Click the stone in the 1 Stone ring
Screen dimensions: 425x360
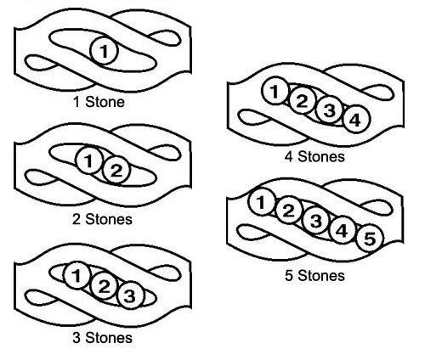click(104, 51)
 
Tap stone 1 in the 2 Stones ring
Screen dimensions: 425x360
click(89, 160)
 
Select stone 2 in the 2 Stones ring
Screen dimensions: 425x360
click(116, 170)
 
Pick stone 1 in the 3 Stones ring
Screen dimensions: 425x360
click(76, 275)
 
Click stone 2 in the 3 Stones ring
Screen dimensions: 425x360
click(104, 285)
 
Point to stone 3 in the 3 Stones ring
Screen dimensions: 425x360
click(130, 295)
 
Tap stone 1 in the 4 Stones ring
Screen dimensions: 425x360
click(275, 91)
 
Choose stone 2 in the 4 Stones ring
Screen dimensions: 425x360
click(302, 100)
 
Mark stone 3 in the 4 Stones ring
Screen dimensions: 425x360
click(329, 110)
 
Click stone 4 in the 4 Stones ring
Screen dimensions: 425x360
click(356, 120)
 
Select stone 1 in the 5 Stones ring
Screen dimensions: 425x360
click(261, 201)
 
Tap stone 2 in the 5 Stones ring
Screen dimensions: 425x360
click(288, 211)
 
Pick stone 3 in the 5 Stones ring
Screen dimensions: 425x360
click(315, 220)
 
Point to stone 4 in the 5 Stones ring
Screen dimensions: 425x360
click(343, 230)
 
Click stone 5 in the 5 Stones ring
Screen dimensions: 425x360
click(370, 239)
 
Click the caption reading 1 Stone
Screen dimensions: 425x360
click(99, 102)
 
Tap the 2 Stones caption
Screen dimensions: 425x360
click(102, 219)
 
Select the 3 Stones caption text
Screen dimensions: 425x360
click(102, 338)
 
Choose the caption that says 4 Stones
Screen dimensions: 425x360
click(314, 156)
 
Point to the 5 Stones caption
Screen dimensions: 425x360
click(314, 276)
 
